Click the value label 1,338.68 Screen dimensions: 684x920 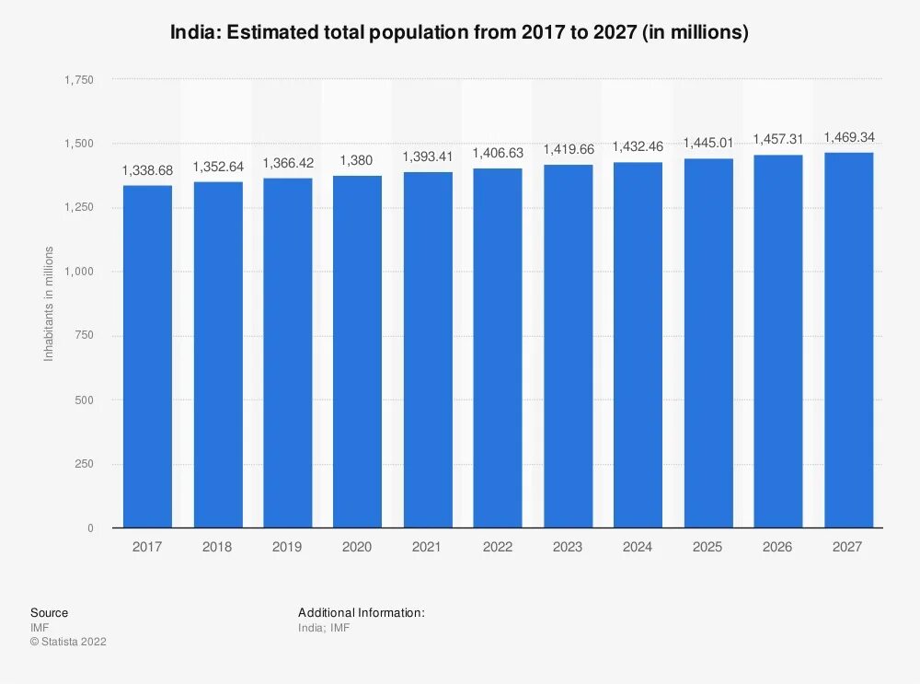coord(148,171)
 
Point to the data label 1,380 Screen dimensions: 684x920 coord(357,161)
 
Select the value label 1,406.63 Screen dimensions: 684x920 coord(498,153)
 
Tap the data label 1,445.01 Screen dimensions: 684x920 coord(708,143)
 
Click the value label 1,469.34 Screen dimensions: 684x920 coord(848,137)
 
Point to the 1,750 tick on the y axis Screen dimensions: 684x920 coord(78,80)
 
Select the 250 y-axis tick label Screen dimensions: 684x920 coord(84,464)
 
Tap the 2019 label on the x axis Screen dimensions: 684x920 coord(287,547)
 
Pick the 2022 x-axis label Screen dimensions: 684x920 coord(498,547)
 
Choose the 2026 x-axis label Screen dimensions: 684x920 coord(777,547)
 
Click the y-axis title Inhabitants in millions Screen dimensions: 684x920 coord(50,304)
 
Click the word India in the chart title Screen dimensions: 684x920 coord(192,33)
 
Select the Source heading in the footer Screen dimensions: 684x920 coord(49,612)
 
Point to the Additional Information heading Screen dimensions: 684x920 coord(362,612)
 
